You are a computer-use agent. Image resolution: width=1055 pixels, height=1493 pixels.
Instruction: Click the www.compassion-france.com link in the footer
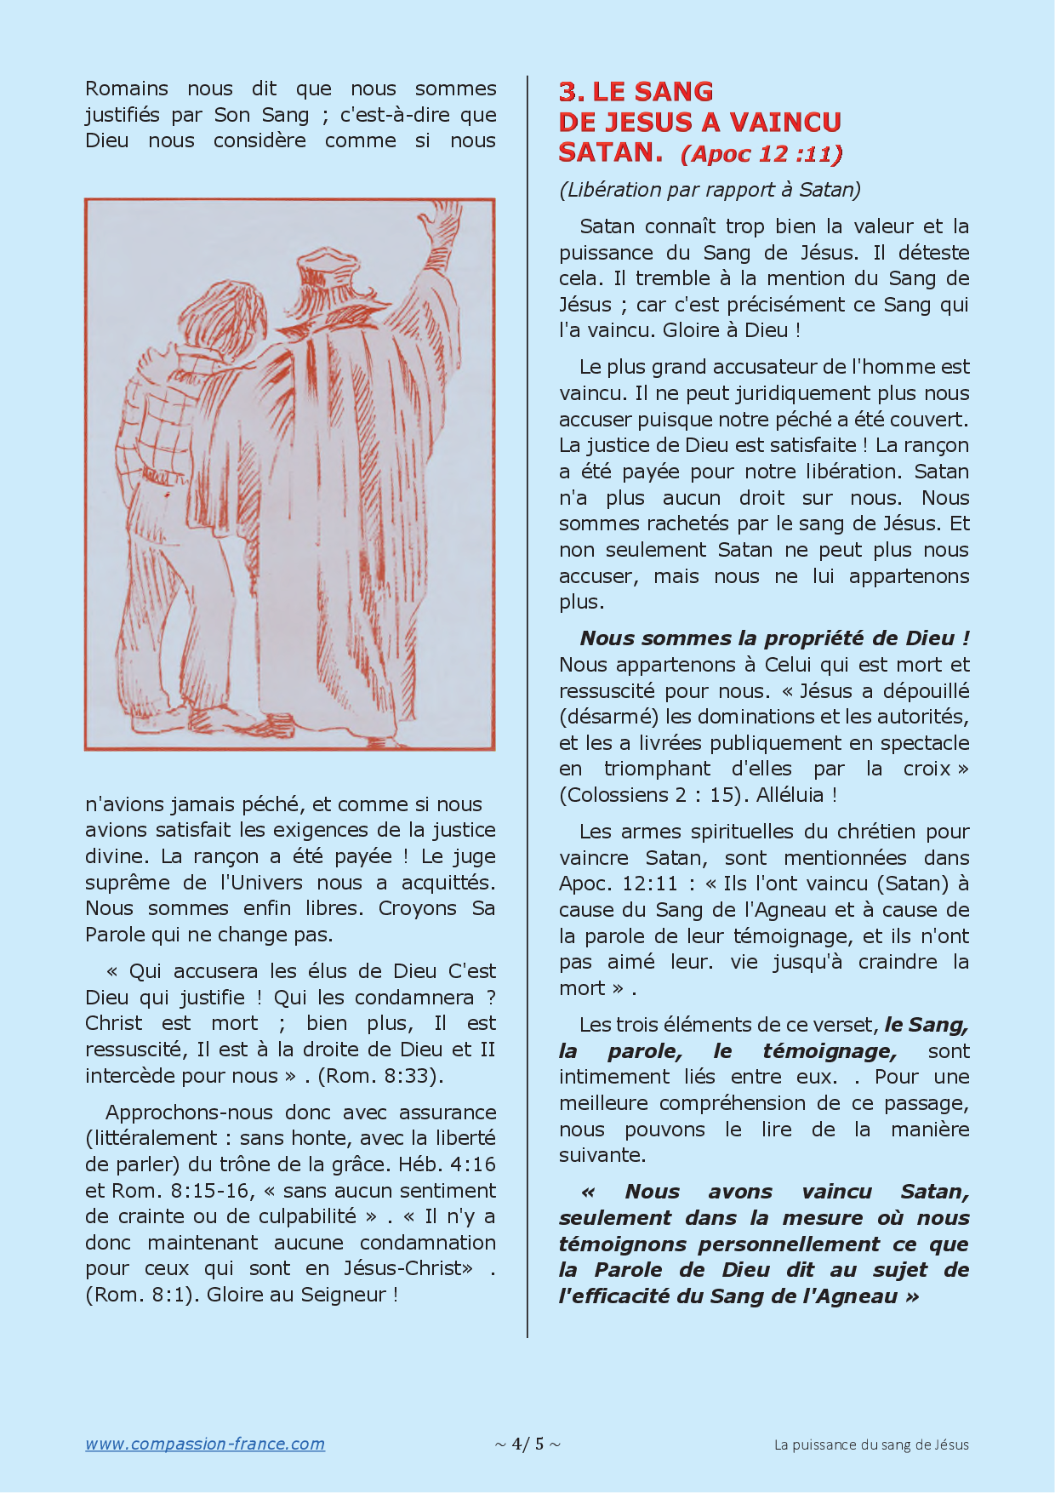point(204,1444)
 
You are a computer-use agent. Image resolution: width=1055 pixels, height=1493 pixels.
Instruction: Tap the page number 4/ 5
point(527,1444)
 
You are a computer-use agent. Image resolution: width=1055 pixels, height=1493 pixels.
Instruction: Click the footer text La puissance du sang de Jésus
point(871,1444)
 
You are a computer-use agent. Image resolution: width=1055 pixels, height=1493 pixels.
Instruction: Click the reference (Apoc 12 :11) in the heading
point(761,154)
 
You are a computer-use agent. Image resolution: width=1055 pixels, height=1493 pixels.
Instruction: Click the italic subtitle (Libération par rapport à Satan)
point(710,189)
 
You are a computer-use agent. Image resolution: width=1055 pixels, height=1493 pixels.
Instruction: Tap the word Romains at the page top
point(127,89)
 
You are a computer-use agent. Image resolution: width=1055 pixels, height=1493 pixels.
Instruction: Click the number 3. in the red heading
point(572,92)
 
